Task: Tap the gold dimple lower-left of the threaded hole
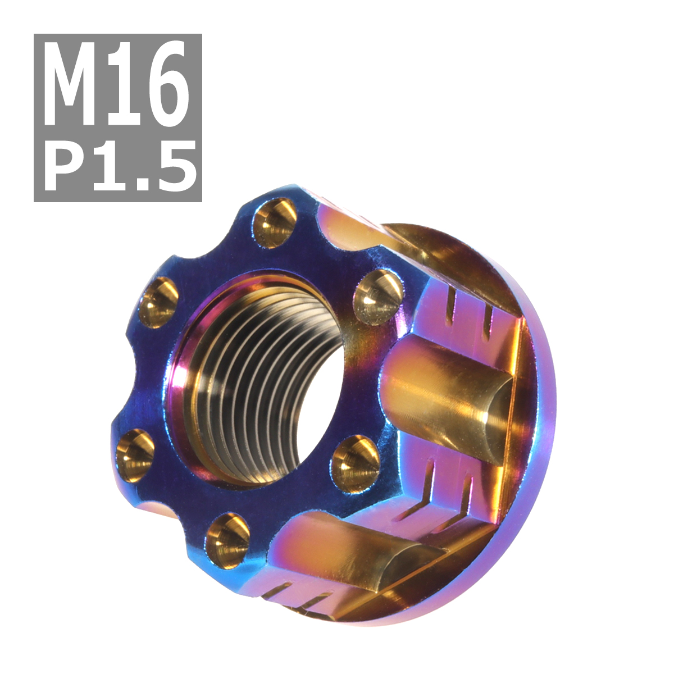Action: (x=135, y=456)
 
